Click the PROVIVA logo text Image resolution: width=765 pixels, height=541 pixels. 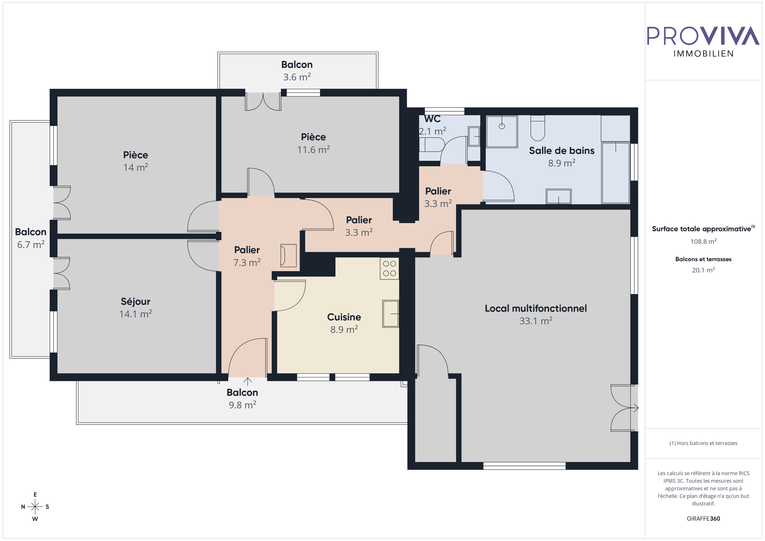coord(703,36)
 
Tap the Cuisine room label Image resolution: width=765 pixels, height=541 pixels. coord(344,317)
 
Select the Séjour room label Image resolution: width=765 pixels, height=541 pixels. coord(135,301)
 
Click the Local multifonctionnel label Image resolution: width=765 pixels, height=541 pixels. coord(536,309)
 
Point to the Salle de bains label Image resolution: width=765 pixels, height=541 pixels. coord(562,151)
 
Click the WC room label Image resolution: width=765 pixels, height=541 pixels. coord(432,119)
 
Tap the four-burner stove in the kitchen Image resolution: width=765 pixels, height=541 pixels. coord(389,269)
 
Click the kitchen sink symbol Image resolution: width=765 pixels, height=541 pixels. coord(391,314)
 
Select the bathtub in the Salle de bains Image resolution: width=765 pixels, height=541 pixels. coord(615,173)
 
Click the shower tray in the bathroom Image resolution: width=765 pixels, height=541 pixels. coord(502,131)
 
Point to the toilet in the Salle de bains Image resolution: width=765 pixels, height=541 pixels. coord(537,128)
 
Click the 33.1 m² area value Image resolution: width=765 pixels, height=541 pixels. coord(536,321)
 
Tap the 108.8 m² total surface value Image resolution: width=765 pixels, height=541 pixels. coord(703,241)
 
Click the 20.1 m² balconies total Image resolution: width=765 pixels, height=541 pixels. coord(703,270)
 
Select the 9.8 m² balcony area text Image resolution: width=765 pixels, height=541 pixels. coord(242,405)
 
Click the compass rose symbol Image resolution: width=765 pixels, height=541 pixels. coord(35,507)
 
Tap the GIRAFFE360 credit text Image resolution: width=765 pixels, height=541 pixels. coord(703,518)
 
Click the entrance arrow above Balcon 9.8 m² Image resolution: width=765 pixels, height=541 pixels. coord(247,381)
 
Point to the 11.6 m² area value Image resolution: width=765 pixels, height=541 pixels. coord(313,150)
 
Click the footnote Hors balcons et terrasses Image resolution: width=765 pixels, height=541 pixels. coord(703,443)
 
